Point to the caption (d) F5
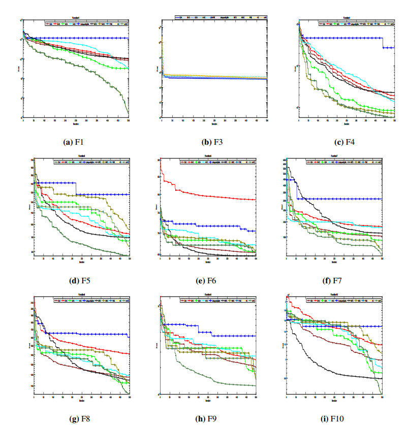pyautogui.click(x=80, y=279)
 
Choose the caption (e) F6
pyautogui.click(x=208, y=279)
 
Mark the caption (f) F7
pyautogui.click(x=335, y=279)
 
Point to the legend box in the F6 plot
pyautogui.click(x=218, y=162)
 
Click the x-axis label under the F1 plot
pyautogui.click(x=76, y=123)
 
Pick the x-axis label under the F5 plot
pyautogui.click(x=81, y=262)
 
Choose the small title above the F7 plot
pyautogui.click(x=334, y=158)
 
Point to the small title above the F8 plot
pyautogui.click(x=81, y=297)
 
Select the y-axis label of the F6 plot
pyautogui.click(x=156, y=206)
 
